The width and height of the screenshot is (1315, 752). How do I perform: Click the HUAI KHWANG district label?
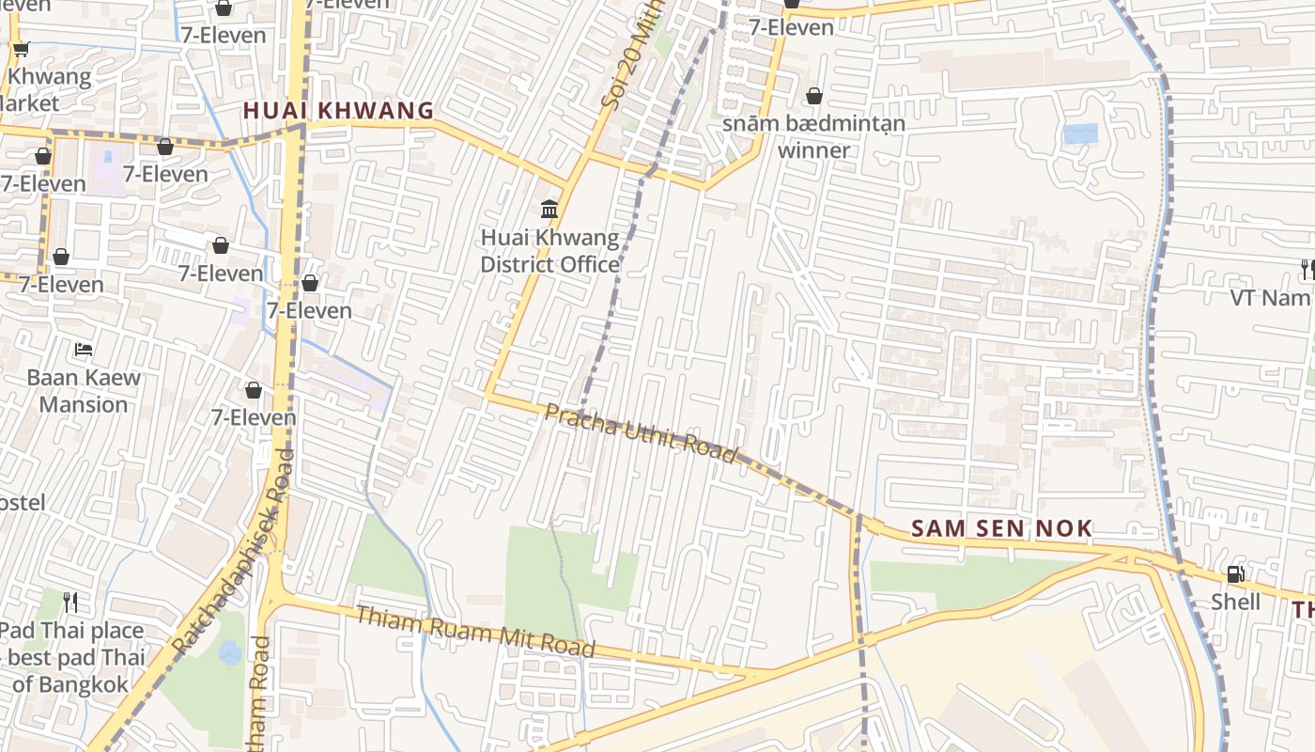(338, 110)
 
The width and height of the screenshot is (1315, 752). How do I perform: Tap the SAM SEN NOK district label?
(1001, 528)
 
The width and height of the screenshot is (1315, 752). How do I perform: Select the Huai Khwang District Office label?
(549, 251)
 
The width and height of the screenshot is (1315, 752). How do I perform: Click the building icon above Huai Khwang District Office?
(549, 208)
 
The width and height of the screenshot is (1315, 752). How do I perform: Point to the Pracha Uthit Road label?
(642, 432)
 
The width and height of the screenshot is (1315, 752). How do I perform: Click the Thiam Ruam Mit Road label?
(475, 632)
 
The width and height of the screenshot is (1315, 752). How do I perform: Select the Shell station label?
(1235, 601)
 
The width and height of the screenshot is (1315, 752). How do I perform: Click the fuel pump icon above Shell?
(1235, 573)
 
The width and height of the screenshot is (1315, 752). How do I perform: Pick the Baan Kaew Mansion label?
(84, 391)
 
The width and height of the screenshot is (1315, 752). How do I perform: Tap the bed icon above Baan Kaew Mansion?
(84, 350)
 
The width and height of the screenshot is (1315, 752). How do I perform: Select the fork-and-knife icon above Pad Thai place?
(70, 601)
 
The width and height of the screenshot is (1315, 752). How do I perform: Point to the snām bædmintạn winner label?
(813, 136)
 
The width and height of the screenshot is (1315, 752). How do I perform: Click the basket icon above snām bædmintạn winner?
(814, 96)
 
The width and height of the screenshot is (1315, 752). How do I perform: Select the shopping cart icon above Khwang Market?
(21, 49)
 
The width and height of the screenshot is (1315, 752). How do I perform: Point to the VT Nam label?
(1270, 298)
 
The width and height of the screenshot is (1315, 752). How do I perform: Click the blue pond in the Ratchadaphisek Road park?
(230, 652)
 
